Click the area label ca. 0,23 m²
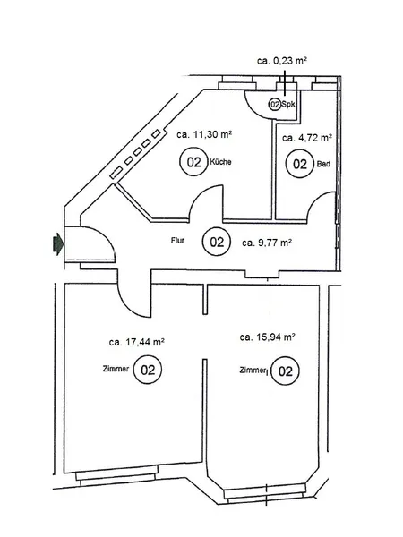(282, 61)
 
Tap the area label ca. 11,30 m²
(205, 135)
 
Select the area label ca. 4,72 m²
(307, 139)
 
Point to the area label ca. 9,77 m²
(270, 241)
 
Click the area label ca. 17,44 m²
(136, 341)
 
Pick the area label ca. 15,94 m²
(269, 337)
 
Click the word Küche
(222, 163)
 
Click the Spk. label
(289, 105)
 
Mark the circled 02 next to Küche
(192, 163)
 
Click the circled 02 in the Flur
(216, 241)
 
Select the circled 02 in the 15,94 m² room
(285, 371)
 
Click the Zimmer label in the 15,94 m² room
(253, 370)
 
